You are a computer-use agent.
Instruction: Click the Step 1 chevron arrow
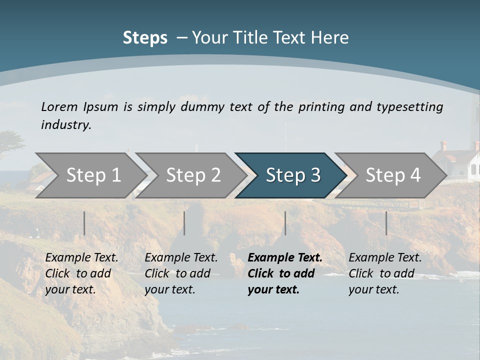[92, 175]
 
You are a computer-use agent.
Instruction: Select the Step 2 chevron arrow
[192, 175]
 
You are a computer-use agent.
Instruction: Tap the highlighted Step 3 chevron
[292, 175]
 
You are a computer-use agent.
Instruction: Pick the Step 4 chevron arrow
[392, 175]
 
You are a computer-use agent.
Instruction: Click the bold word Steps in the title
[145, 37]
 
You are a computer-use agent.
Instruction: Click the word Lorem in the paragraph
[59, 106]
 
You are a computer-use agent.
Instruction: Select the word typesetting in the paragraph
[409, 107]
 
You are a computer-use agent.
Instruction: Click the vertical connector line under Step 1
[84, 223]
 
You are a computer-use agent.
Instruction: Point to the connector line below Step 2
[184, 223]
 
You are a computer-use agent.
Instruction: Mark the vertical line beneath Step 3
[285, 223]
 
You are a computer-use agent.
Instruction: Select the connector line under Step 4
[386, 223]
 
